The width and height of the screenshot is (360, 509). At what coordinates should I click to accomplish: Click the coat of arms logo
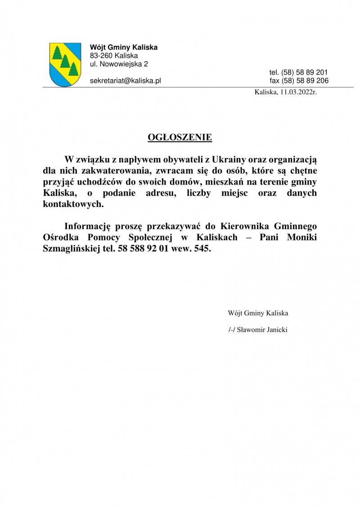[x=65, y=64]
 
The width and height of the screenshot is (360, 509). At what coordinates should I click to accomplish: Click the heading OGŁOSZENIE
[x=180, y=137]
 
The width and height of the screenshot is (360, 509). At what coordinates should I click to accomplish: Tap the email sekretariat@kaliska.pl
[x=126, y=81]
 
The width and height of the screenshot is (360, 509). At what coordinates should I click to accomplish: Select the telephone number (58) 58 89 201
[x=305, y=72]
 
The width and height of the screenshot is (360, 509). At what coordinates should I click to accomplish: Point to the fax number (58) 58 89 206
[x=305, y=81]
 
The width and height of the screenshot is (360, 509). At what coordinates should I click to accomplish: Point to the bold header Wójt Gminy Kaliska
[x=124, y=47]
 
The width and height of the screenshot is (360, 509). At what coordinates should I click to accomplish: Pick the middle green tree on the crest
[x=64, y=61]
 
